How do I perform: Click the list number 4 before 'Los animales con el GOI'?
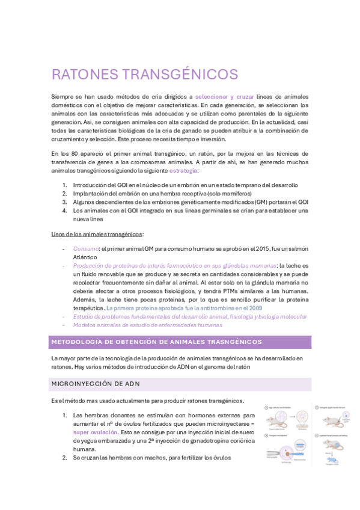pyautogui.click(x=64, y=210)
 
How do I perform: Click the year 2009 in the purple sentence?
pyautogui.click(x=255, y=308)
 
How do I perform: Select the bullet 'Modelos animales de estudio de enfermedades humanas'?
pyautogui.click(x=148, y=325)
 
